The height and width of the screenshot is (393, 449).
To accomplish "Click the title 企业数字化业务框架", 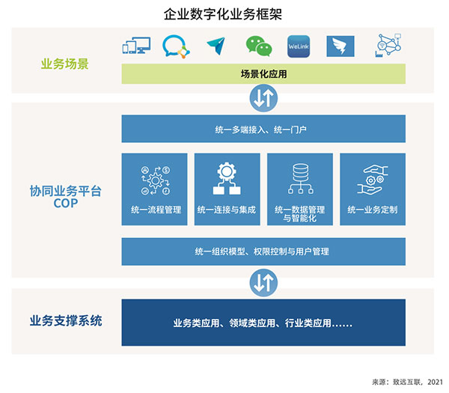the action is [x=223, y=14].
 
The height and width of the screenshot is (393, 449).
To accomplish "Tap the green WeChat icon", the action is [x=259, y=46].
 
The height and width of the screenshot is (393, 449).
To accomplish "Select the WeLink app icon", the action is [x=299, y=46].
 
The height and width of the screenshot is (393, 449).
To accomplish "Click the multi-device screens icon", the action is [x=136, y=45].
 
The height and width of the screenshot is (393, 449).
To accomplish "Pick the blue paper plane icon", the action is [x=216, y=46].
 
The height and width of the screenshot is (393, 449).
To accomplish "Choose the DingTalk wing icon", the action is [x=340, y=46].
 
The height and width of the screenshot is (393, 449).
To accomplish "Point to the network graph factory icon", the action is [x=388, y=45].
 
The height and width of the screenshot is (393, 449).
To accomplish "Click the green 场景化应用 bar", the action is [x=263, y=74].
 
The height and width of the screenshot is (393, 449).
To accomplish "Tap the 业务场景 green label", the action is [x=64, y=64].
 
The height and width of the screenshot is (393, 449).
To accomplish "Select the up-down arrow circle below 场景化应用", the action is [x=263, y=98].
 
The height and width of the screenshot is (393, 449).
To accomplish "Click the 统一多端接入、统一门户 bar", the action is [x=263, y=129].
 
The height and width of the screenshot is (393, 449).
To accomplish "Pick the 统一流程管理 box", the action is [x=155, y=189].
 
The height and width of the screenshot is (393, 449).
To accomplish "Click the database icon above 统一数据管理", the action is [x=300, y=178].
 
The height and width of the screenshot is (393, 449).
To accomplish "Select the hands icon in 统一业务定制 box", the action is [x=373, y=180].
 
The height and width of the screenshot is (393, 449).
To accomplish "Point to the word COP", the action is [x=66, y=203].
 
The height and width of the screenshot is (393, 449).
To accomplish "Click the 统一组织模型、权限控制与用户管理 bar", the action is [x=263, y=252].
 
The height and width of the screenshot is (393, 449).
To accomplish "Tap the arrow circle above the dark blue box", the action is [x=263, y=282].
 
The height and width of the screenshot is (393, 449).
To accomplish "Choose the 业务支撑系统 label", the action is [x=66, y=320].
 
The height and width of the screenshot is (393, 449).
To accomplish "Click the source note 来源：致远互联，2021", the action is [x=407, y=382].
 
